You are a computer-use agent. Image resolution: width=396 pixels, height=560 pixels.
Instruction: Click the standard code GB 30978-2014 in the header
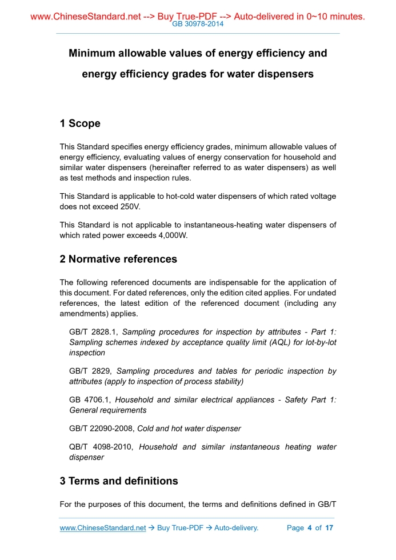pos(197,24)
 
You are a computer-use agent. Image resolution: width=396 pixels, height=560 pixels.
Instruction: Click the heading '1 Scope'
pos(80,123)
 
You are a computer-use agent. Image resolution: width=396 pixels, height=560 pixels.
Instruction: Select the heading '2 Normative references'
pos(118,259)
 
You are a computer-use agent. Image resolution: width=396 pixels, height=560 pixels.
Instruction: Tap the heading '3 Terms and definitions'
pos(119,481)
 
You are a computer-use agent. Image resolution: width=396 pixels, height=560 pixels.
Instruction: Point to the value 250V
pos(129,206)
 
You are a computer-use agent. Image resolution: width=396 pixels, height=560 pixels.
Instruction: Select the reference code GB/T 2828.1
pos(93,332)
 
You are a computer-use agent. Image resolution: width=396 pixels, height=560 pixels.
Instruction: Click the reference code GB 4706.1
pos(90,400)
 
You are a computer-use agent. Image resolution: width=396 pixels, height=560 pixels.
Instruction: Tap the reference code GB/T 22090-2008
pos(101,429)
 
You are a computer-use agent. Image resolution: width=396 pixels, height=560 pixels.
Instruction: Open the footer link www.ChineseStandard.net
pos(103,527)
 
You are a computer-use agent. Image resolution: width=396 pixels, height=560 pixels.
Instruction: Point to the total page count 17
pos(329,527)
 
